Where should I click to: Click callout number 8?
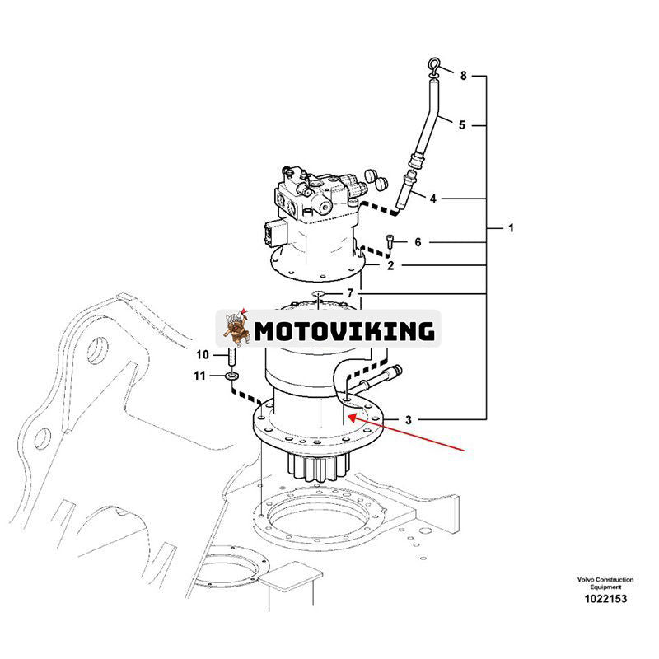pos(463,76)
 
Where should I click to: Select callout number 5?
pos(462,125)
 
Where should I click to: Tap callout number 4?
pos(432,198)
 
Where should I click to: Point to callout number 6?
pos(418,242)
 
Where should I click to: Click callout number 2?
pos(390,265)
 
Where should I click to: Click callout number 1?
pos(510,227)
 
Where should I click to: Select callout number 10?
pos(203,355)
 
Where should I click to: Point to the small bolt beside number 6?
pos(391,241)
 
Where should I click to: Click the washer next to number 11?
pos(232,376)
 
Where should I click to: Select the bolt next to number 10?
pos(231,358)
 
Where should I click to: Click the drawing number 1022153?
pos(601,598)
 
